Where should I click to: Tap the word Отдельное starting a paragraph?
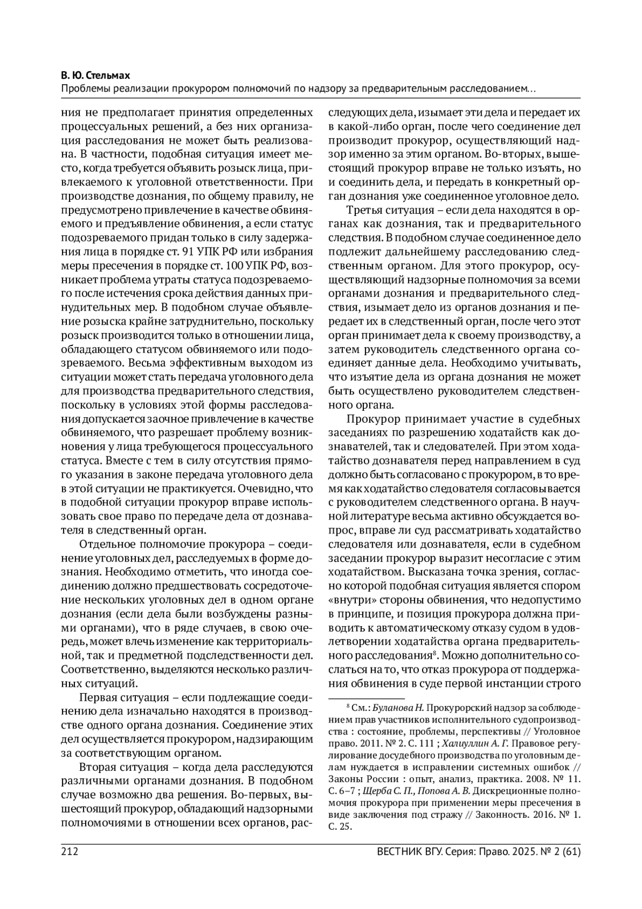pos(108,545)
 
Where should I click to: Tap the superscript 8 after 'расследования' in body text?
pos(436,653)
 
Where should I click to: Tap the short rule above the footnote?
pos(366,698)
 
